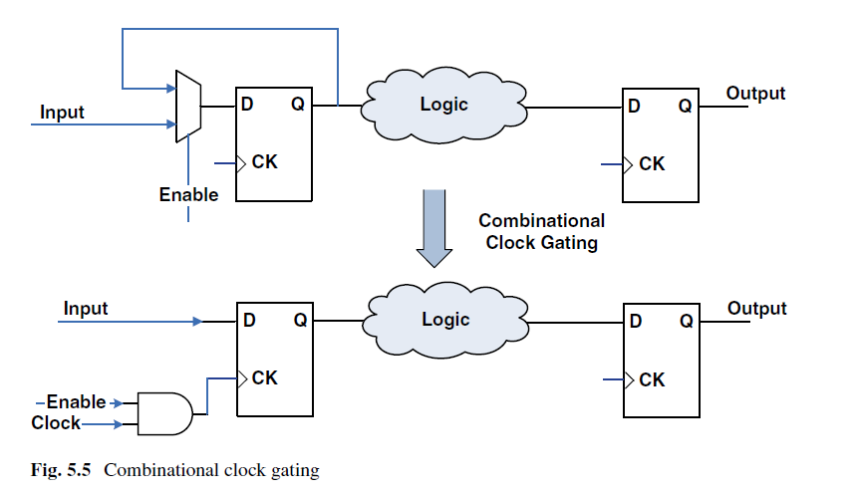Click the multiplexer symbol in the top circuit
(188, 107)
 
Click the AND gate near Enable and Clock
(164, 413)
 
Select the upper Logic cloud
(443, 106)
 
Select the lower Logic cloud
(445, 320)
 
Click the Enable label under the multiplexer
(188, 195)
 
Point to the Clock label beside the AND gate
(56, 423)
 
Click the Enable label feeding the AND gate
(76, 402)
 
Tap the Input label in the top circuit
(62, 113)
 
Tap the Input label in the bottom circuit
(86, 309)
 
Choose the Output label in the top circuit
(755, 94)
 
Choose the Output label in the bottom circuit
(756, 309)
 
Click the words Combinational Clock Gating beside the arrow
(541, 231)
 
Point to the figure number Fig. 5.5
(61, 470)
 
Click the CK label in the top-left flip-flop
(265, 162)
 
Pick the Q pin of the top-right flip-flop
(686, 106)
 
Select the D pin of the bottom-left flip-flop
(249, 321)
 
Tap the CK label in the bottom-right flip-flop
(652, 379)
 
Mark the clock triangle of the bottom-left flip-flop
(242, 378)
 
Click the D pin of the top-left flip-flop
(247, 104)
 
